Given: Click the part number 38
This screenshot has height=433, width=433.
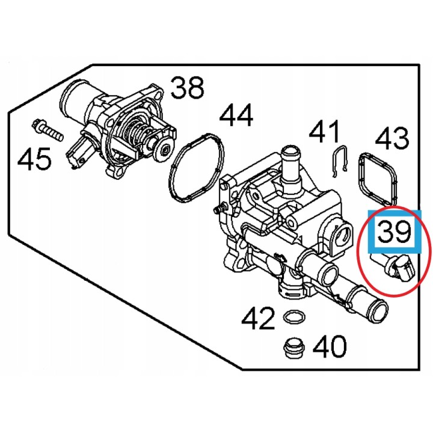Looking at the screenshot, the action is (x=188, y=88).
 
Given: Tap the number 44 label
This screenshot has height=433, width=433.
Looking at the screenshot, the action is (x=236, y=115).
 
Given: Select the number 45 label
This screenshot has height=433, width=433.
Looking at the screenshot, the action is (x=34, y=158).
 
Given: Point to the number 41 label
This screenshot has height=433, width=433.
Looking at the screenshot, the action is (x=324, y=132).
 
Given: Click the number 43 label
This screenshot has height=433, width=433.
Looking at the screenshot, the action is (x=392, y=138).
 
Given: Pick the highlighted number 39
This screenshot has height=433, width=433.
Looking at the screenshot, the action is (x=394, y=232).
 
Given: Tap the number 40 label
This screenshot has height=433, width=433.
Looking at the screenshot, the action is (x=330, y=346).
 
